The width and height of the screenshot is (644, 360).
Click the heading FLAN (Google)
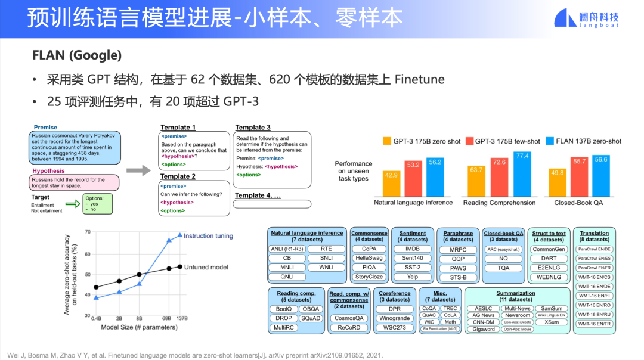77,55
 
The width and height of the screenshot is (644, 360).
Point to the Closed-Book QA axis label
578,203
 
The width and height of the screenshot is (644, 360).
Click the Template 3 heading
253,128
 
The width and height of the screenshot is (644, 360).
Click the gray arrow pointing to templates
138,171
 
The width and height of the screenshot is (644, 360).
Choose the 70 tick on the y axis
88,232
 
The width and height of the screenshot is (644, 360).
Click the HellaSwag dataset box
369,258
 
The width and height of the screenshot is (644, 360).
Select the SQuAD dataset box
311,318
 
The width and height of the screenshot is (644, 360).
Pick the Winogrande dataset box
394,318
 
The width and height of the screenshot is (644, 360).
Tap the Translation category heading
594,233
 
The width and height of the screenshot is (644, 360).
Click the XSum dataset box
551,322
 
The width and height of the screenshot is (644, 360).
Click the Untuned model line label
206,267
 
